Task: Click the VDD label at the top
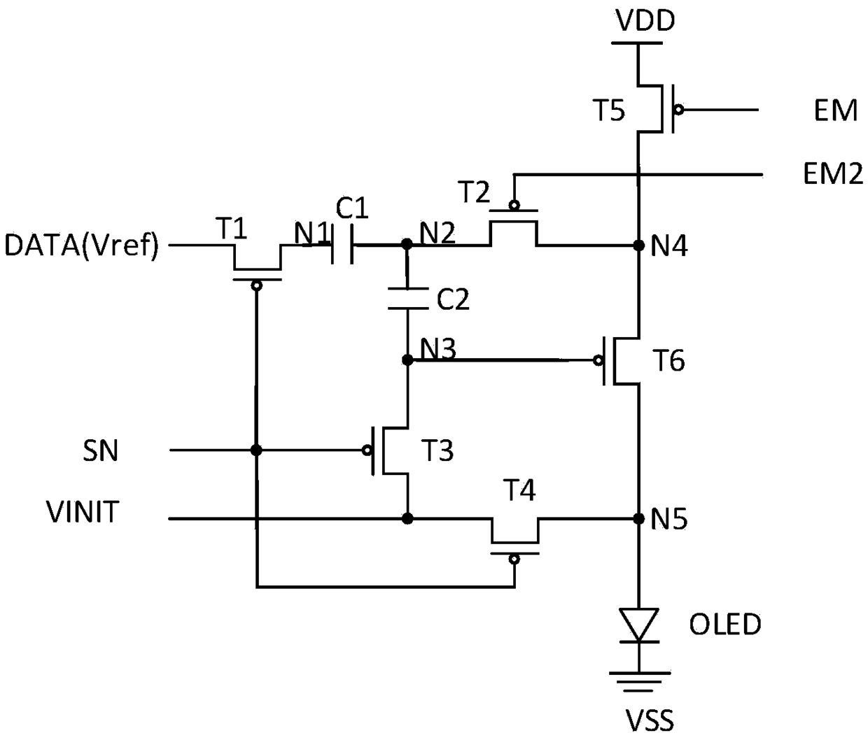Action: coord(645,20)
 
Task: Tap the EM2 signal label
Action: coord(833,174)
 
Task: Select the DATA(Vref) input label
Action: coord(82,246)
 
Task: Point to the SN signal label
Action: coord(100,451)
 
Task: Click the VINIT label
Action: coord(83,512)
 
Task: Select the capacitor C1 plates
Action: coord(342,245)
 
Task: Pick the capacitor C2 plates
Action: coord(407,299)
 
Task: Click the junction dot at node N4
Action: coord(638,246)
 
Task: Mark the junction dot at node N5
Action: coord(638,519)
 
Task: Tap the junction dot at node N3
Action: coord(407,360)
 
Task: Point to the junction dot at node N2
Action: coord(407,244)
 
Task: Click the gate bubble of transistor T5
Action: coord(678,110)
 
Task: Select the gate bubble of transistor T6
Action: coord(598,360)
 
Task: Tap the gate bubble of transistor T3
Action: coord(367,450)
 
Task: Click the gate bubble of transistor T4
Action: coord(514,559)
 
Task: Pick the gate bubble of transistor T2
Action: coord(514,205)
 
